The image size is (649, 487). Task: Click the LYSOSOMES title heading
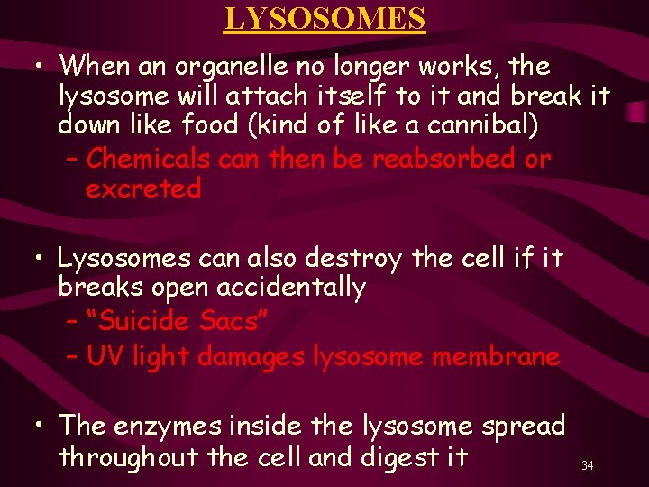pyautogui.click(x=324, y=18)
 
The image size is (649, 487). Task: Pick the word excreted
pyautogui.click(x=143, y=189)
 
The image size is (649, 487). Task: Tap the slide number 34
pyautogui.click(x=587, y=466)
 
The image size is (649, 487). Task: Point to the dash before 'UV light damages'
pyautogui.click(x=73, y=357)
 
